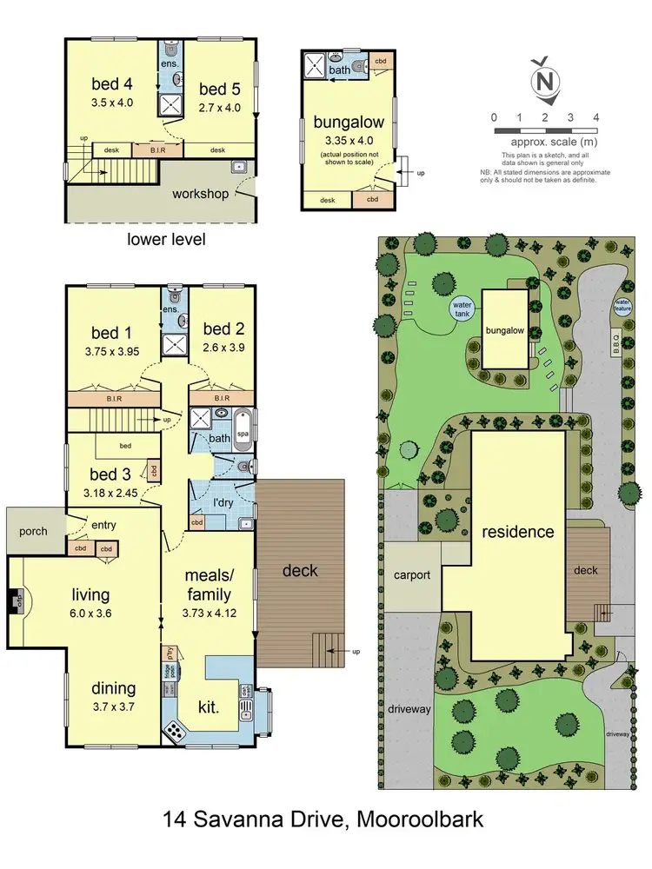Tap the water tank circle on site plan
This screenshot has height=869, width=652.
pos(462,308)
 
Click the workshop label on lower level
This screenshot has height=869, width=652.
pos(201,193)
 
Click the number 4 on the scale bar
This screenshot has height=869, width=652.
pos(596,116)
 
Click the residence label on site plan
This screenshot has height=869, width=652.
pos(519,531)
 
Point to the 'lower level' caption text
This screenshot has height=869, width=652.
pos(166,238)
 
